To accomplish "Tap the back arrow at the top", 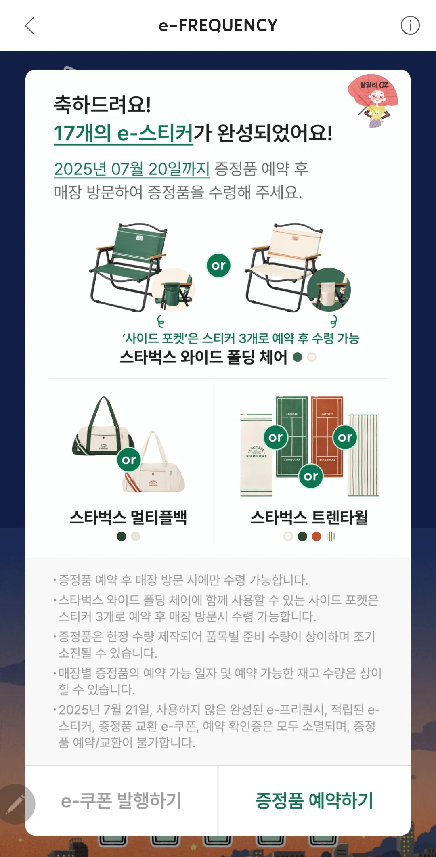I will [30, 25].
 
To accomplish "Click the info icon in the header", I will [410, 25].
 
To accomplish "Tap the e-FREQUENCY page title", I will [218, 25].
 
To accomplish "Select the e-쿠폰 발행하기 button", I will [122, 801].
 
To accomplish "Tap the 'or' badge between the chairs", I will [218, 265].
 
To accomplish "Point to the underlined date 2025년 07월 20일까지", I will [132, 169].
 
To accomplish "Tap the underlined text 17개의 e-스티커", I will [124, 134].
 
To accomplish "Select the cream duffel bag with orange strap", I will [155, 468].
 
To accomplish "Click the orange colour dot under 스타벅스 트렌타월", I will [317, 536].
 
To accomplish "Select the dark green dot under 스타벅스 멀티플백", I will [121, 536].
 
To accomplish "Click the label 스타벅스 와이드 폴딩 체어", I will [203, 357].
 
